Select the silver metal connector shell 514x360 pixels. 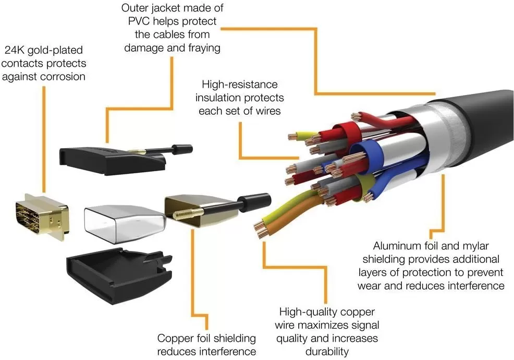point(124,218)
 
